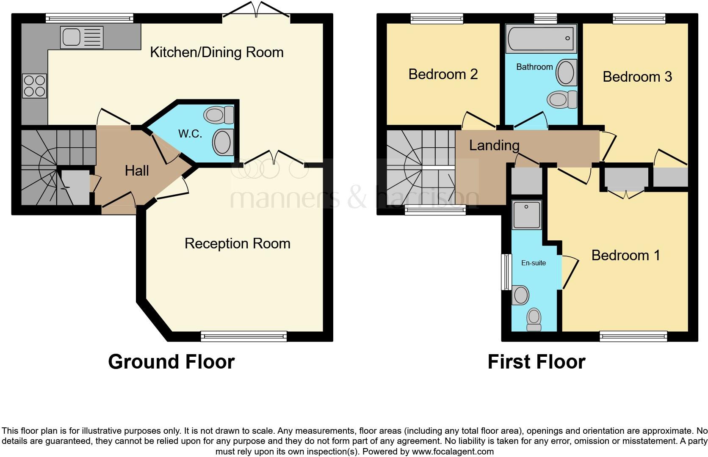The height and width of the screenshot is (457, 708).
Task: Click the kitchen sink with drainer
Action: pyautogui.click(x=82, y=37)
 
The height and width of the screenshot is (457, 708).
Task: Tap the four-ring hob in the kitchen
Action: pyautogui.click(x=34, y=86)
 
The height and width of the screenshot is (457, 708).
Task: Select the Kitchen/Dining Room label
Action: pyautogui.click(x=217, y=52)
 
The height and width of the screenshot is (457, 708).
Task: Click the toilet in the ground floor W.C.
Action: pyautogui.click(x=219, y=115)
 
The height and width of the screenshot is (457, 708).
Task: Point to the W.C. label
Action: pyautogui.click(x=190, y=134)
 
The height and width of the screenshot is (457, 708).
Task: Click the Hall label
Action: pyautogui.click(x=137, y=171)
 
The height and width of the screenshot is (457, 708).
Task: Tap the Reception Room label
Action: pyautogui.click(x=237, y=244)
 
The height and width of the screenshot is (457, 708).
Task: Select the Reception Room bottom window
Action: pyautogui.click(x=244, y=336)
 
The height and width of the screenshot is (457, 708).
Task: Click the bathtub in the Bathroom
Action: pyautogui.click(x=541, y=39)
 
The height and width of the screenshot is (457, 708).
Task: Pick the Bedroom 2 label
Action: pyautogui.click(x=443, y=74)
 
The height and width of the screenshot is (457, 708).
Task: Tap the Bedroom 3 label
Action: pyautogui.click(x=637, y=77)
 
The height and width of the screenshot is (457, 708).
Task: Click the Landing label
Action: pyautogui.click(x=494, y=146)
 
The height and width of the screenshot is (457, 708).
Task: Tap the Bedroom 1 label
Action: pyautogui.click(x=625, y=256)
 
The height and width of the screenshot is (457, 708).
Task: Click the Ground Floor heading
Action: pyautogui.click(x=171, y=362)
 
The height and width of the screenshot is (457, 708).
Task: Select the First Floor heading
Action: pyautogui.click(x=536, y=362)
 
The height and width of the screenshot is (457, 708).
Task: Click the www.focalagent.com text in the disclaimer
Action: pyautogui.click(x=452, y=451)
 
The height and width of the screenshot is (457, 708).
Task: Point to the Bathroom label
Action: pyautogui.click(x=534, y=67)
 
